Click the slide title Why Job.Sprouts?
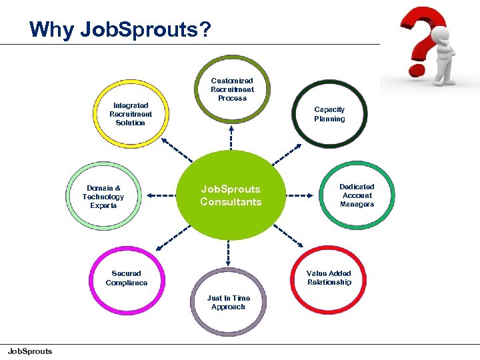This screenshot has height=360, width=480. tap(120, 30)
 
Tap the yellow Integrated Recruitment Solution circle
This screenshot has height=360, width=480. tap(131, 114)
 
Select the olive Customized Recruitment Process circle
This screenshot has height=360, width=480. tap(232, 89)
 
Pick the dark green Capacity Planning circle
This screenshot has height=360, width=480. tap(329, 114)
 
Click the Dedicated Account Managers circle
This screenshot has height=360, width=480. tap(357, 195)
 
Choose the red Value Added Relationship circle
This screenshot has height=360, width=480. tap(329, 278)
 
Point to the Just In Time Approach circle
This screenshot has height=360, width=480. tap(228, 303)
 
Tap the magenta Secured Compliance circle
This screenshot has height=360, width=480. tap(127, 278)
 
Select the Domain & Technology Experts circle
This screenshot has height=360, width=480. tap(103, 197)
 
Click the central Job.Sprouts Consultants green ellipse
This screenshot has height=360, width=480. tap(231, 195)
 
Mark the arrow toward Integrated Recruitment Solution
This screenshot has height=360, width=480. tap(176, 150)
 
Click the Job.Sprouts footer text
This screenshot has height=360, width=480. tap(29, 351)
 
